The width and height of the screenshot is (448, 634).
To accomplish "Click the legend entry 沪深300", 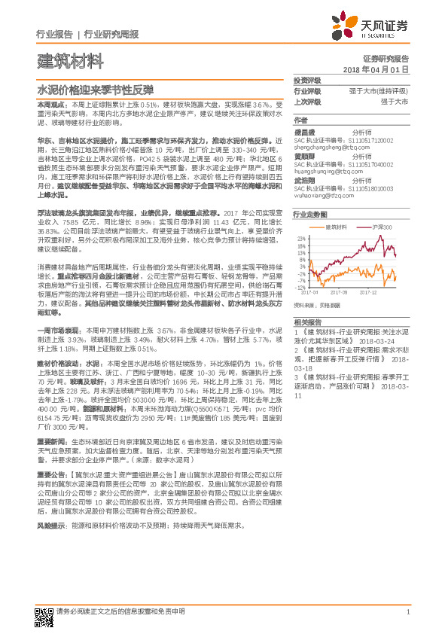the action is pos(381,227).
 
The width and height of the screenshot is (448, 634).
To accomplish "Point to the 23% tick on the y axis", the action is pos(302,237).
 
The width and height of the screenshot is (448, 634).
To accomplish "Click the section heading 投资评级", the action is pos(307,80).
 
